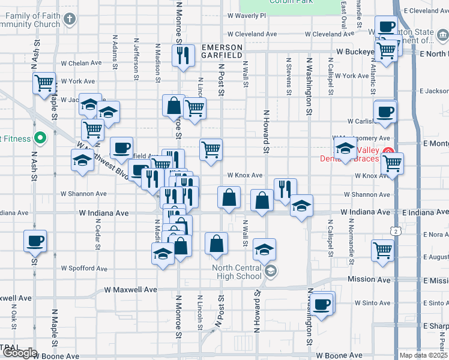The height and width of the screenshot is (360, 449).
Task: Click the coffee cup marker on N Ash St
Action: [35, 241]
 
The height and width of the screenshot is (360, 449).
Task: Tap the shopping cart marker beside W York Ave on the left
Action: [44, 83]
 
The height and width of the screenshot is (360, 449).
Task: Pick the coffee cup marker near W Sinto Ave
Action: [322, 304]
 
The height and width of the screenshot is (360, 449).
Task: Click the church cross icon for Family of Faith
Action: [70, 19]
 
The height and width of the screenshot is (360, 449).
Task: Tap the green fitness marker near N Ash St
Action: [40, 139]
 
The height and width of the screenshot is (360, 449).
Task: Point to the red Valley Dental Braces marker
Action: [388, 151]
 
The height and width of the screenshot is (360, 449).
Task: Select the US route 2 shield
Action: [395, 230]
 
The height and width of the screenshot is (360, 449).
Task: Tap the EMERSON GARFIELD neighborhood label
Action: [222, 52]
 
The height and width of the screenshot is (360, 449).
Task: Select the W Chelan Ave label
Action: [81, 63]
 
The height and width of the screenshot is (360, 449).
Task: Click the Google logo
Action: [19, 352]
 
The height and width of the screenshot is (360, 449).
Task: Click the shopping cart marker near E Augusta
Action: [382, 250]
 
